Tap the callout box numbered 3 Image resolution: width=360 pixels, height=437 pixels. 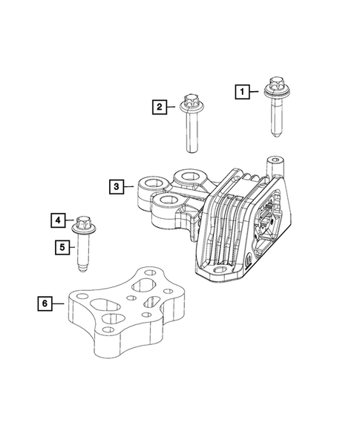click(x=117, y=186)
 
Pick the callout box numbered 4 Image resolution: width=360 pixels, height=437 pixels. click(x=57, y=220)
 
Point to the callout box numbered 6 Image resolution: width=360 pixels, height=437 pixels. click(x=46, y=303)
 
